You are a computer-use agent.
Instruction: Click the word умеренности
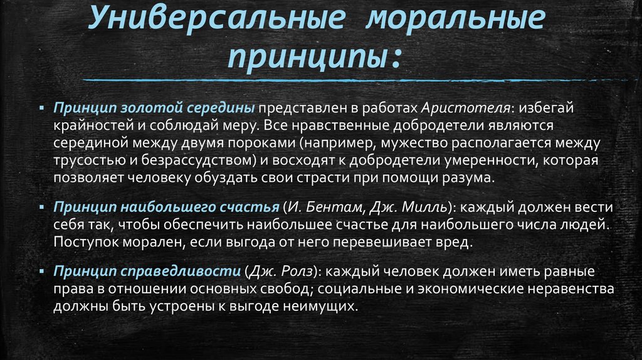pos(480,160)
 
